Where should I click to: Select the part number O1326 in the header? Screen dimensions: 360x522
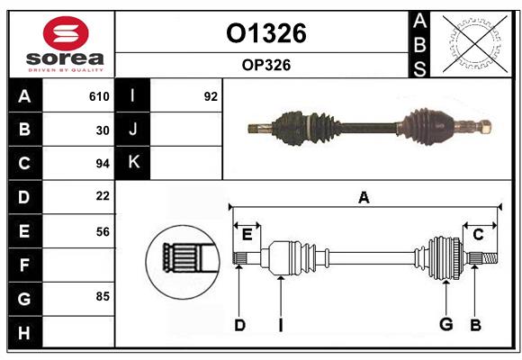[x=265, y=33]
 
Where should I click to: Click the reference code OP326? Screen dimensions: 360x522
[x=265, y=65]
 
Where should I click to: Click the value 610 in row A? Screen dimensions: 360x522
[x=99, y=96]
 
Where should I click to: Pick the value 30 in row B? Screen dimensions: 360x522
[x=103, y=130]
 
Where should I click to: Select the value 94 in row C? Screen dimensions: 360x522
[x=103, y=164]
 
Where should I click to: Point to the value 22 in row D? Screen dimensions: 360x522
[x=103, y=196]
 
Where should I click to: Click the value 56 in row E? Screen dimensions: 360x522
[x=103, y=231]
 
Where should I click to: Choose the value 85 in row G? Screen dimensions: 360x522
[x=103, y=295]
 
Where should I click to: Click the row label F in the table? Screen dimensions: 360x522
[x=24, y=265]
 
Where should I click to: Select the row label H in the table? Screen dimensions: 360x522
[x=24, y=333]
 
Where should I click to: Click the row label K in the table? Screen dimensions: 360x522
[x=133, y=163]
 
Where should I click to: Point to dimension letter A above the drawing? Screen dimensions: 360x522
[x=364, y=198]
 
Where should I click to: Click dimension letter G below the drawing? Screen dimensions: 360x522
[x=445, y=325]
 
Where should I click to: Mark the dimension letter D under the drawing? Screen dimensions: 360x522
[x=239, y=325]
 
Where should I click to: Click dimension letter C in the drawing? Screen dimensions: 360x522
[x=478, y=234]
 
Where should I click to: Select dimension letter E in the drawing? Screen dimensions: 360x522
[x=247, y=234]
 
